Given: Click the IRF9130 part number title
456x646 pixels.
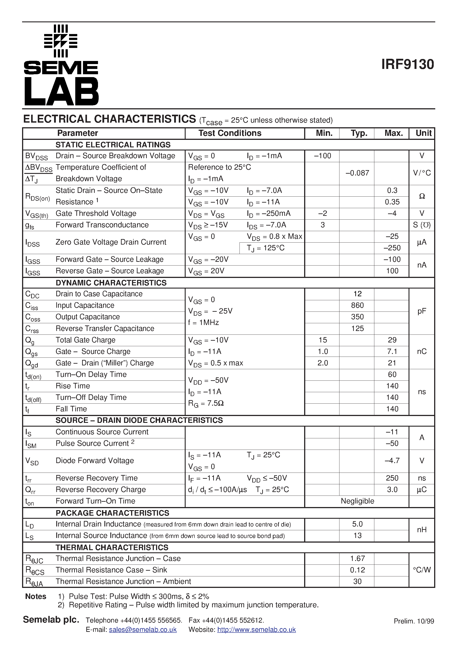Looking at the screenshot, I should pyautogui.click(x=407, y=65).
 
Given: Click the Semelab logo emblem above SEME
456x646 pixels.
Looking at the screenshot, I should pyautogui.click(x=61, y=41).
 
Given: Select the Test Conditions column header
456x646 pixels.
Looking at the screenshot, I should pyautogui.click(x=230, y=133).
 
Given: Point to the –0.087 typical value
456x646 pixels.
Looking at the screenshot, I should pyautogui.click(x=357, y=173).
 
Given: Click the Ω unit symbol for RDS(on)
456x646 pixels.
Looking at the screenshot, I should pyautogui.click(x=422, y=196).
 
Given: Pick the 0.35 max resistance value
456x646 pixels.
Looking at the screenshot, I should pyautogui.click(x=392, y=202).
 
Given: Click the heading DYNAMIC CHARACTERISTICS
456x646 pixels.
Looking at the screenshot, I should pyautogui.click(x=111, y=283).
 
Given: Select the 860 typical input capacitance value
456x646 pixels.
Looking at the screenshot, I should pyautogui.click(x=357, y=305).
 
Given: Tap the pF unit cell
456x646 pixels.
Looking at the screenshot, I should pyautogui.click(x=422, y=311).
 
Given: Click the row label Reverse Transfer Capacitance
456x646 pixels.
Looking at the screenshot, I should pyautogui.click(x=105, y=328).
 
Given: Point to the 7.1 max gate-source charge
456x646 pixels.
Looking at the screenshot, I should pyautogui.click(x=392, y=351).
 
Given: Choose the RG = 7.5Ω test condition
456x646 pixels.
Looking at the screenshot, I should pyautogui.click(x=206, y=403).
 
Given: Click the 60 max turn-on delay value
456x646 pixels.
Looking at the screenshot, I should pyautogui.click(x=392, y=374).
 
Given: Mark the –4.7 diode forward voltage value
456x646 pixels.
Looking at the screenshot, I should pyautogui.click(x=392, y=461).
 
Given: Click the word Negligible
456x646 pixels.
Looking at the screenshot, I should pyautogui.click(x=357, y=501).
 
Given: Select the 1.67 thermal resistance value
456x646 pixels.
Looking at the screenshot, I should pyautogui.click(x=357, y=559).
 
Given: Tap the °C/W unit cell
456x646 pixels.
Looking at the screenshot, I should pyautogui.click(x=422, y=570).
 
